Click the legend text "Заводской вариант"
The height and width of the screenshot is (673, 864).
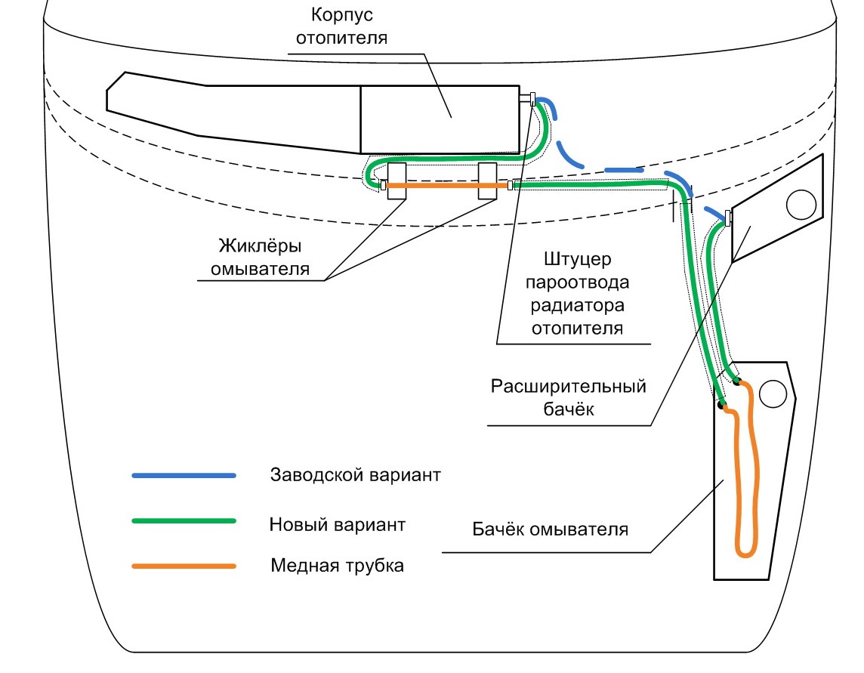coord(355,477)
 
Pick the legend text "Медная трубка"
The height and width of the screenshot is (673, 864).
coord(337,566)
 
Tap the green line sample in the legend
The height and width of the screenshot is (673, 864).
coord(184,521)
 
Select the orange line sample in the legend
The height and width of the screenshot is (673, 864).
coord(184,566)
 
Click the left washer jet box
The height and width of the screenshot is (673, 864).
coord(397,181)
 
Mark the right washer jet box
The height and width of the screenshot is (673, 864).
coord(488,181)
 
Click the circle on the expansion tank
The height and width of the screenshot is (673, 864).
coord(801,203)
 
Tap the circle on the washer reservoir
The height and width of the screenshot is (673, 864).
coord(773,393)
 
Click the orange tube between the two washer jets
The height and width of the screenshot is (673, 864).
coord(443,185)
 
